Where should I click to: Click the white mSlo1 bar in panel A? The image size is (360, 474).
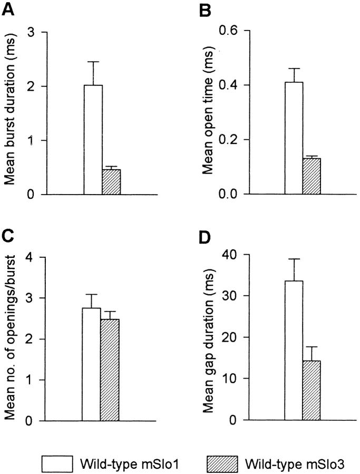pyautogui.click(x=93, y=140)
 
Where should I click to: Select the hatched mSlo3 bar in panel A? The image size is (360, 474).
pyautogui.click(x=111, y=182)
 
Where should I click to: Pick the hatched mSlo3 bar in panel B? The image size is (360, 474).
pyautogui.click(x=312, y=176)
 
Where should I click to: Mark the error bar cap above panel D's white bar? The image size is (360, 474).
pyautogui.click(x=294, y=259)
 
